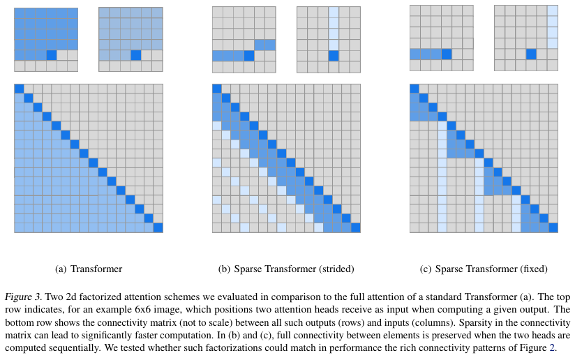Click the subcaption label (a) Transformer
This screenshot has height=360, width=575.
click(x=88, y=269)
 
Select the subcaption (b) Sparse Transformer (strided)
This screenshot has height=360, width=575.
click(x=286, y=269)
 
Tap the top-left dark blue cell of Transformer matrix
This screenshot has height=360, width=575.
click(x=19, y=89)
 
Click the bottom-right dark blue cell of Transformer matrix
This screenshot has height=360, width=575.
click(x=158, y=227)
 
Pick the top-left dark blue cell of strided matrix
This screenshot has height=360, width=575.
click(x=216, y=89)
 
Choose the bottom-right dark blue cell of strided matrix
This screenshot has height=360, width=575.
click(x=356, y=227)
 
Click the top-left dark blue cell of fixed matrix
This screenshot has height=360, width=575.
click(x=414, y=89)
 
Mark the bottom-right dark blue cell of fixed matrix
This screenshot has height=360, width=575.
click(x=553, y=227)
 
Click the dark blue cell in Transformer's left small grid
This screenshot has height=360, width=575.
click(x=51, y=55)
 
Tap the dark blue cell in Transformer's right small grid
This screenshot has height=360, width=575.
click(x=135, y=55)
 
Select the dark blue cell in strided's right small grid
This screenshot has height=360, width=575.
click(x=334, y=55)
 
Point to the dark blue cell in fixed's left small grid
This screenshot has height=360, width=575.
click(x=447, y=54)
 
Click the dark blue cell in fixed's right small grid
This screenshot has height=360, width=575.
click(x=531, y=54)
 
